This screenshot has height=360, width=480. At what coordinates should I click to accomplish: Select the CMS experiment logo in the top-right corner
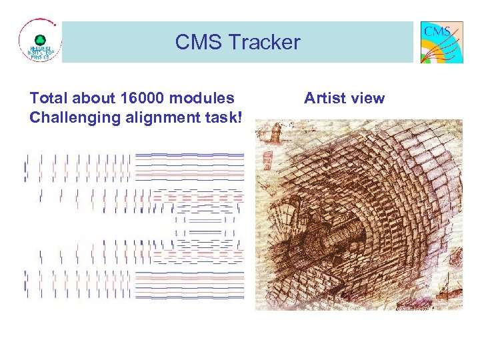tap(441, 42)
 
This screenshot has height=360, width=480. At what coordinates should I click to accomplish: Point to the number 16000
tap(145, 99)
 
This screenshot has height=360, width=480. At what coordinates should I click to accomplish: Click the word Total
tap(49, 99)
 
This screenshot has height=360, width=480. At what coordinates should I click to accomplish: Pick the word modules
tap(203, 99)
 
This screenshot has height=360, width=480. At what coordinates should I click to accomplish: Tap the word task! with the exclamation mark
tap(223, 117)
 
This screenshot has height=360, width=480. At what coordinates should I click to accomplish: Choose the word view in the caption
tap(368, 99)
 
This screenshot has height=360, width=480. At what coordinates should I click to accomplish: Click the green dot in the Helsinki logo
tap(39, 39)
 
